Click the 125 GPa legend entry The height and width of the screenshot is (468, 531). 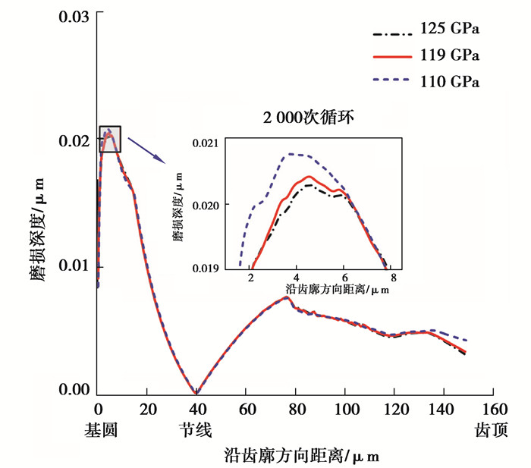pos(449,30)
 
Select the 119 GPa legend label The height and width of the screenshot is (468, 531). pos(449,55)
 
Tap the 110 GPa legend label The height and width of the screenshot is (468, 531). pos(449,79)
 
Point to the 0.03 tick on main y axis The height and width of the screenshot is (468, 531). pos(73,15)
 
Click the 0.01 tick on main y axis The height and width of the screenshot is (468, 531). pos(73,267)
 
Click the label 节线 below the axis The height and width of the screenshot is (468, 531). pos(196,430)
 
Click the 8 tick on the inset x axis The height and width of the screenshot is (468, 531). pos(394,278)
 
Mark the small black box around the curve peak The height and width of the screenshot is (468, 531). pos(109,138)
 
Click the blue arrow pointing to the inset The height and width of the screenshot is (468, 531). pos(146,149)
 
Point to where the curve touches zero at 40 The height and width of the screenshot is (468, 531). pos(196,391)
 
